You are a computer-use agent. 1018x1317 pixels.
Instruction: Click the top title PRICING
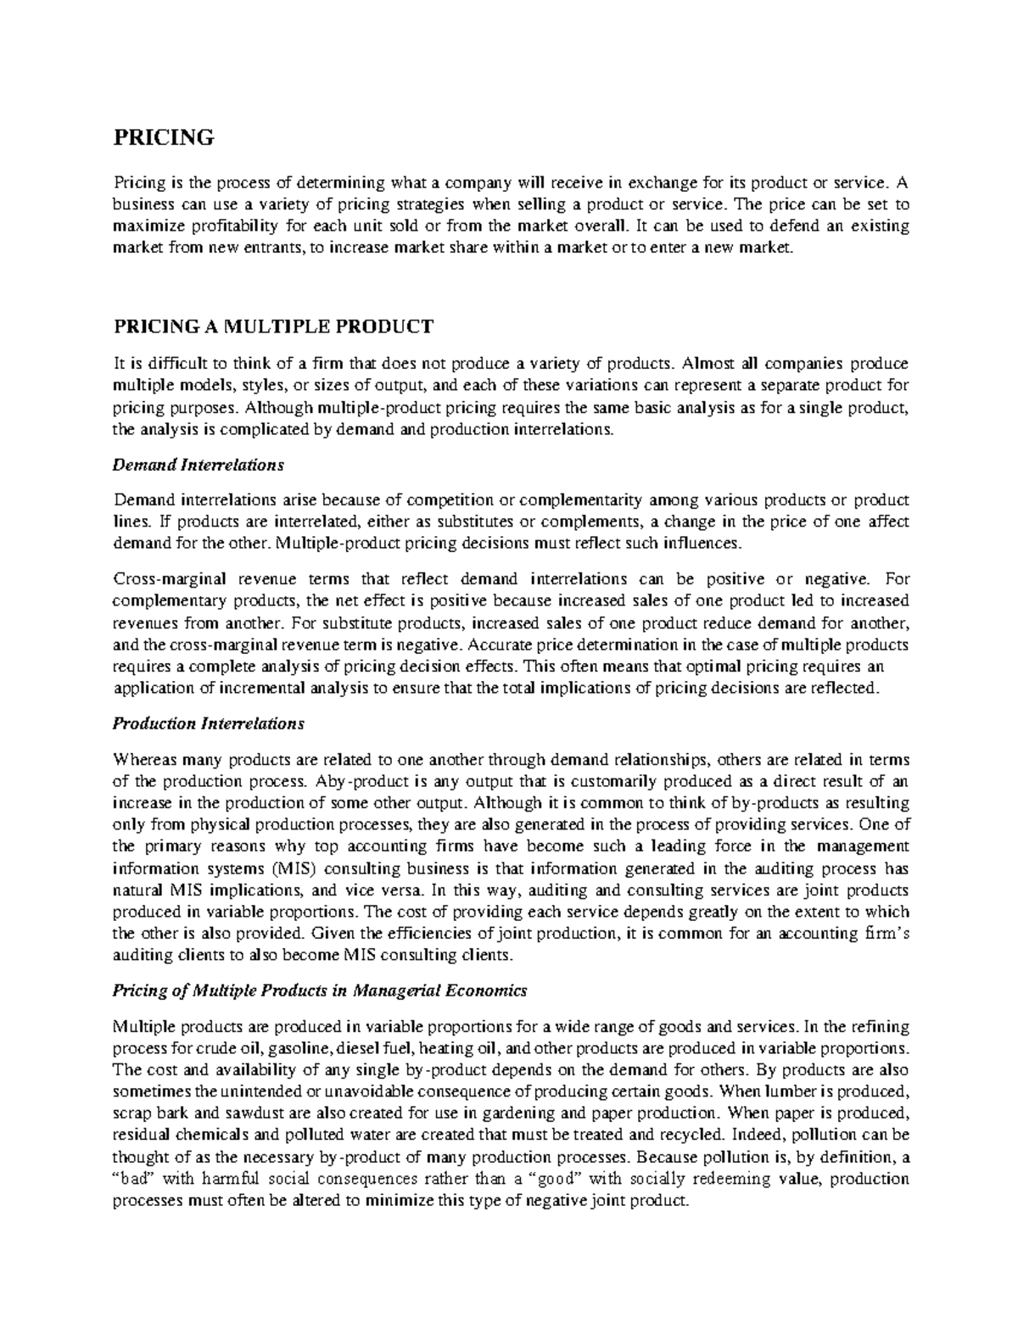tap(164, 137)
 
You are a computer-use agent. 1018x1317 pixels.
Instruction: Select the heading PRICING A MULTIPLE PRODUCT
tap(273, 327)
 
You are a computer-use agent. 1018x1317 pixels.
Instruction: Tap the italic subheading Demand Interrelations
tap(199, 466)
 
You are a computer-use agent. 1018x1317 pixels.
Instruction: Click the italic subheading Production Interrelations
tap(208, 724)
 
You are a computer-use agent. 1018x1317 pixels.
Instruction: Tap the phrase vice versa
tap(378, 891)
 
